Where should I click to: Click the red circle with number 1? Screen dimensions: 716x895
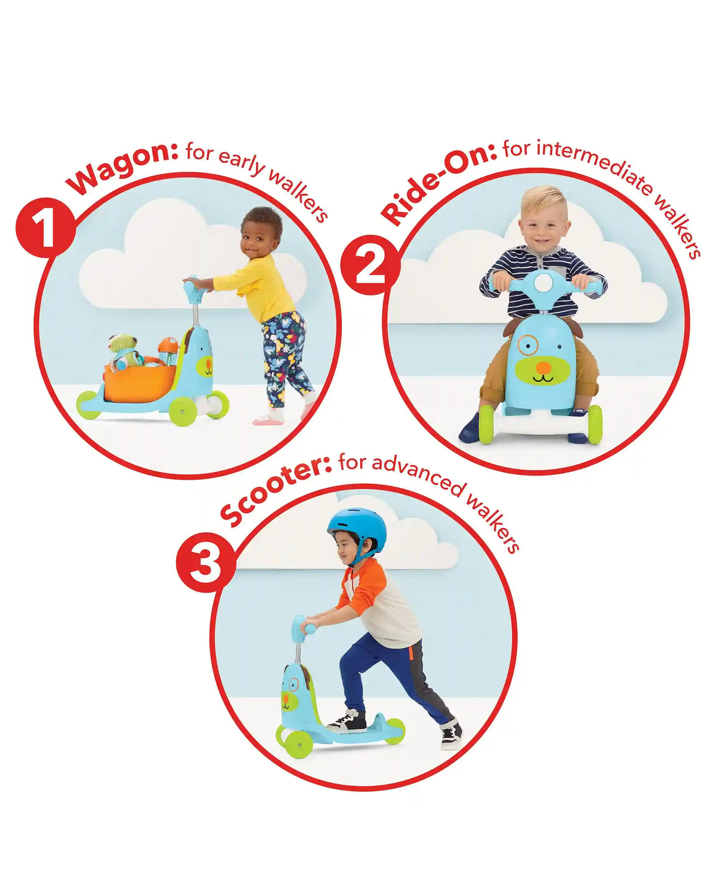pyautogui.click(x=45, y=228)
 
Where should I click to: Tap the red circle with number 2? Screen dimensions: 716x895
pyautogui.click(x=370, y=266)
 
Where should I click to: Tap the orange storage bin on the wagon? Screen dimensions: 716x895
pyautogui.click(x=140, y=382)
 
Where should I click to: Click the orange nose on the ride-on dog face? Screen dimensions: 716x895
pyautogui.click(x=542, y=367)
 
